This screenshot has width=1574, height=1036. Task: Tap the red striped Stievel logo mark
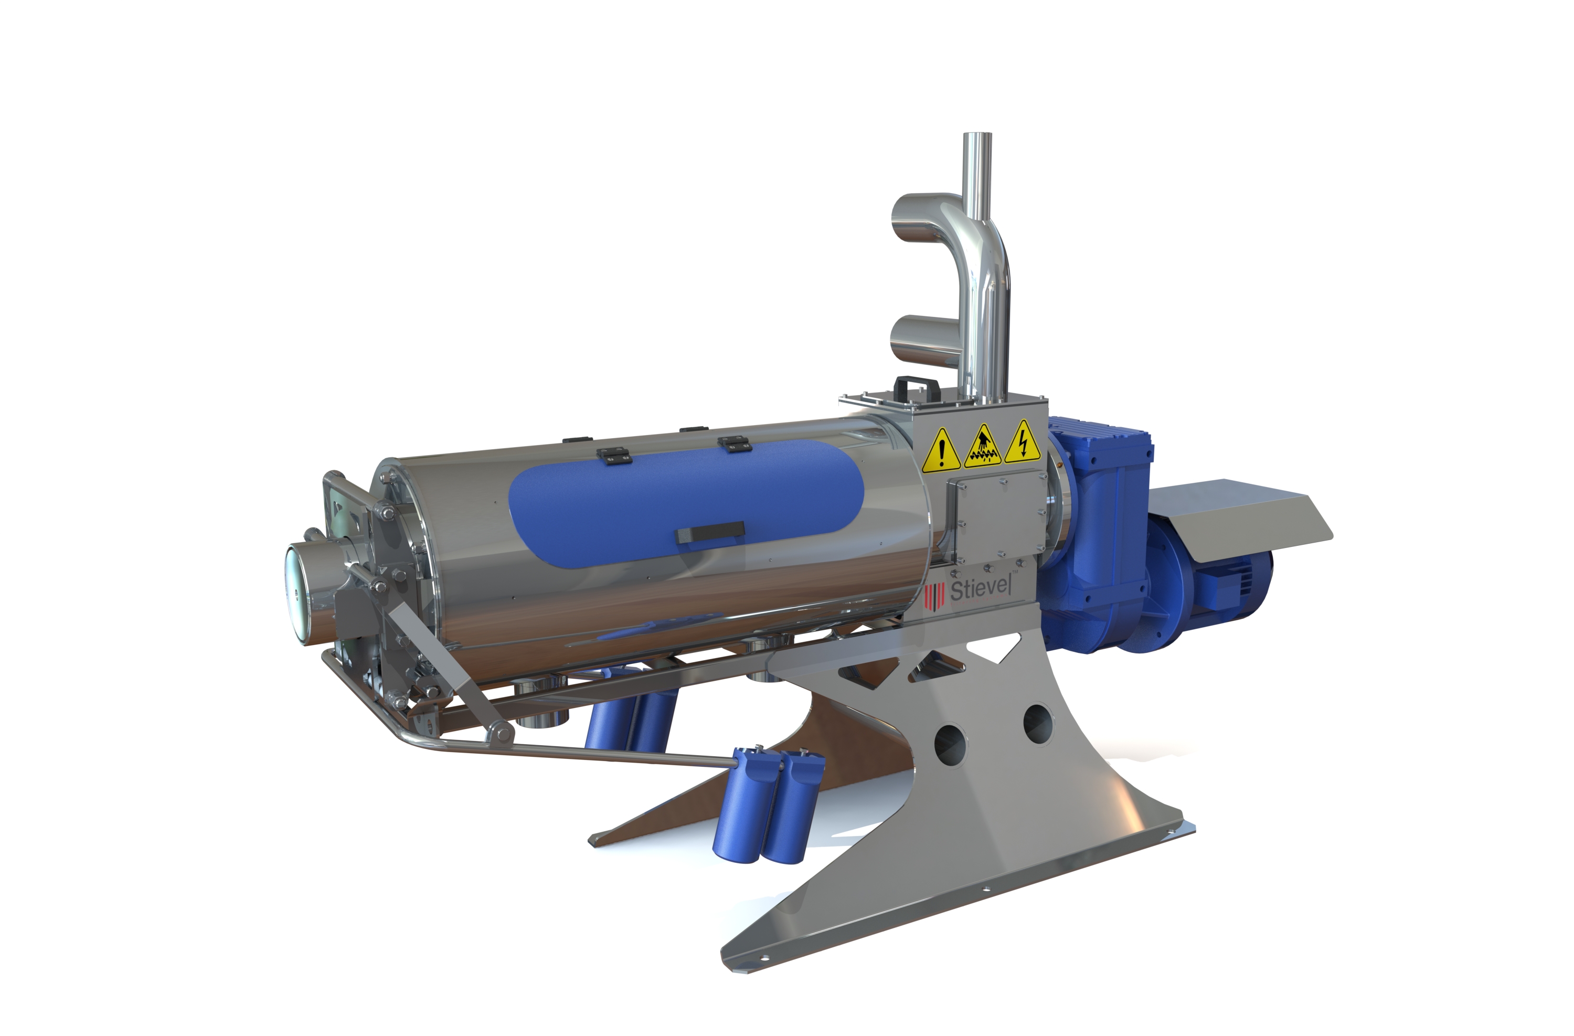(934, 596)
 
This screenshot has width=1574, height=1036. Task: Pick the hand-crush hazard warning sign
(983, 445)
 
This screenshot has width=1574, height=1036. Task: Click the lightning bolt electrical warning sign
(1023, 442)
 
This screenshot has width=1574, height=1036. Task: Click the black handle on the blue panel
(710, 532)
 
